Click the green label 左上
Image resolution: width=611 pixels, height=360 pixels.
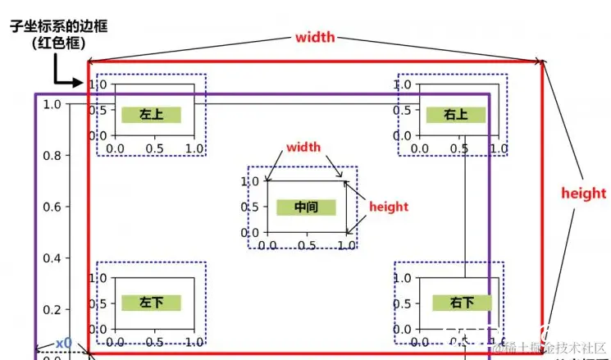tap(151, 115)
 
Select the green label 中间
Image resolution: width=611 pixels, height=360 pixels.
tap(306, 207)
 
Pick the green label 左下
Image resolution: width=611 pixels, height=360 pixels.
tap(151, 302)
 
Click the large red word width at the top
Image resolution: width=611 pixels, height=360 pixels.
tap(315, 37)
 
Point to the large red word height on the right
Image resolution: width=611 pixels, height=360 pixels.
tap(584, 194)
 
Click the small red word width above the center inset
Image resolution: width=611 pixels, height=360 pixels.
tap(303, 148)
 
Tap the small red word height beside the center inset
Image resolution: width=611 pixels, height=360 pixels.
tap(389, 207)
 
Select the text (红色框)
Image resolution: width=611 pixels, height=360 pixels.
tap(58, 44)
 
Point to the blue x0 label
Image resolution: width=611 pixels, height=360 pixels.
tap(64, 342)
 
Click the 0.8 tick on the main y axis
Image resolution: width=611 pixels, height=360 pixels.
tap(52, 156)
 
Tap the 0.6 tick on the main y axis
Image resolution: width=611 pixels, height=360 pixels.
tap(52, 207)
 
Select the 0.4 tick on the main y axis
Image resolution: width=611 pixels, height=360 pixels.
tap(52, 259)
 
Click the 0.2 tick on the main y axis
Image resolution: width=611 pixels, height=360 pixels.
tap(52, 310)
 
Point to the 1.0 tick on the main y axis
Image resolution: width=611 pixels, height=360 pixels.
tap(52, 104)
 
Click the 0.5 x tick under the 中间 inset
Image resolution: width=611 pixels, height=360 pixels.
tap(307, 245)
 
